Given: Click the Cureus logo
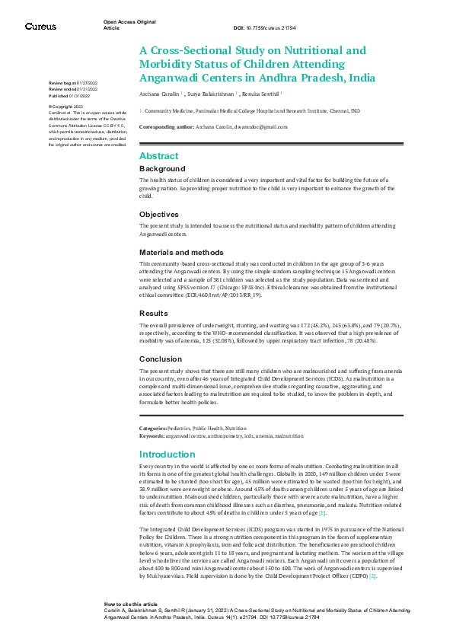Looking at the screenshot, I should point(40,26).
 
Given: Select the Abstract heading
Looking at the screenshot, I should point(159,156).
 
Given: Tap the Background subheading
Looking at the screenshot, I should point(162,168).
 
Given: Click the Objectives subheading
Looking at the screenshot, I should point(159,215).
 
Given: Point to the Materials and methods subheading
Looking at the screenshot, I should point(181,252).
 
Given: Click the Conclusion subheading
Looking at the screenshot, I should point(161,359).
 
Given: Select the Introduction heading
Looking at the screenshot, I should point(168,454).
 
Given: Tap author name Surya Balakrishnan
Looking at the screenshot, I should point(211,94).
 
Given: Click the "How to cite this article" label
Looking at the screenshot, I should point(130,603).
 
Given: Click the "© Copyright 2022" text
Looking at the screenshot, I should point(65,107).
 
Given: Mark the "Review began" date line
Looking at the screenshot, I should point(69,82).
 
